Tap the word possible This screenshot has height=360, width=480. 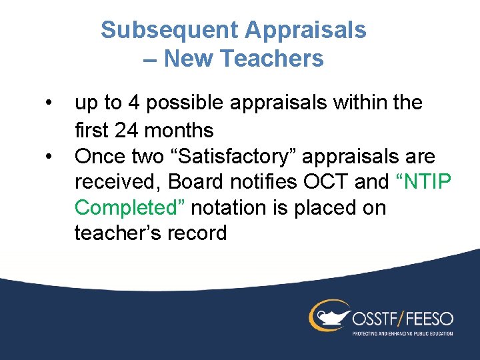(182, 103)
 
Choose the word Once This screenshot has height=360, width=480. (101, 156)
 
